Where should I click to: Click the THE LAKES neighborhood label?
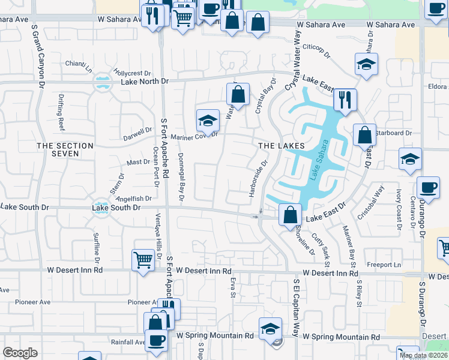(x=282, y=146)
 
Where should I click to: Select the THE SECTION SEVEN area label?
(x=65, y=149)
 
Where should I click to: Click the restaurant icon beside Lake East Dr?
(x=345, y=100)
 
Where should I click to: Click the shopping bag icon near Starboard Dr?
(x=364, y=134)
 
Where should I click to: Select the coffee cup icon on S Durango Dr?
(x=427, y=188)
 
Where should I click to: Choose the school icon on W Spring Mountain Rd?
(x=270, y=328)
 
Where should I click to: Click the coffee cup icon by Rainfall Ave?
(x=157, y=340)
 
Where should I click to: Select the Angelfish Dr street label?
(x=134, y=199)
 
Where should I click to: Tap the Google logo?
(x=20, y=353)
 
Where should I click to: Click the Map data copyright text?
(x=424, y=355)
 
